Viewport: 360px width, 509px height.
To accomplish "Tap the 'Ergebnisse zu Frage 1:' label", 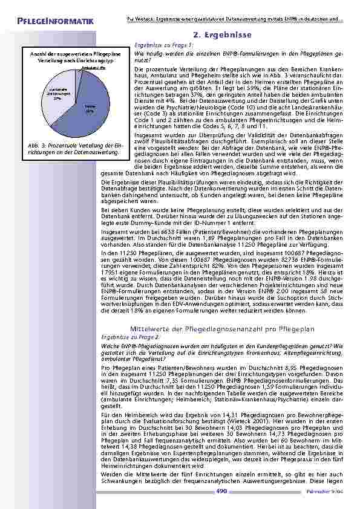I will point(155,45).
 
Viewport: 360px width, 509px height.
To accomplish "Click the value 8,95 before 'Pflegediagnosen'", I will point(276,367).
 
